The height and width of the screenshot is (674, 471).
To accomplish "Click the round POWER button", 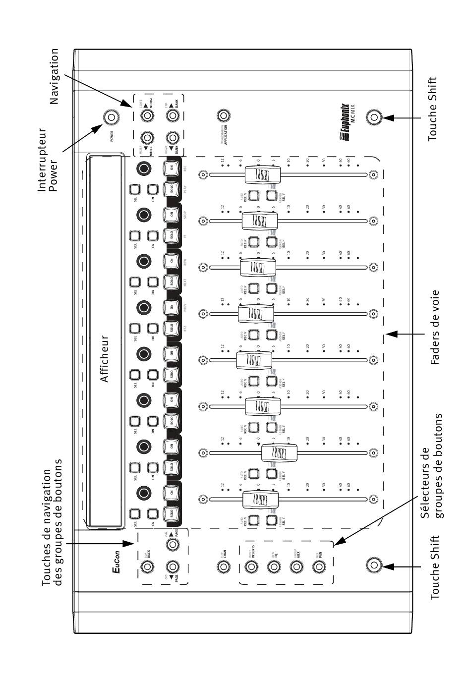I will (x=111, y=117).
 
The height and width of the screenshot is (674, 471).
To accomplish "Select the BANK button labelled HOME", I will (x=172, y=138).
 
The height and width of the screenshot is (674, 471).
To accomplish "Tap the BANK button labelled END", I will (x=172, y=115).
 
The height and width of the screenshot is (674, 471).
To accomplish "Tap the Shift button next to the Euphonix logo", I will (x=374, y=117).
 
